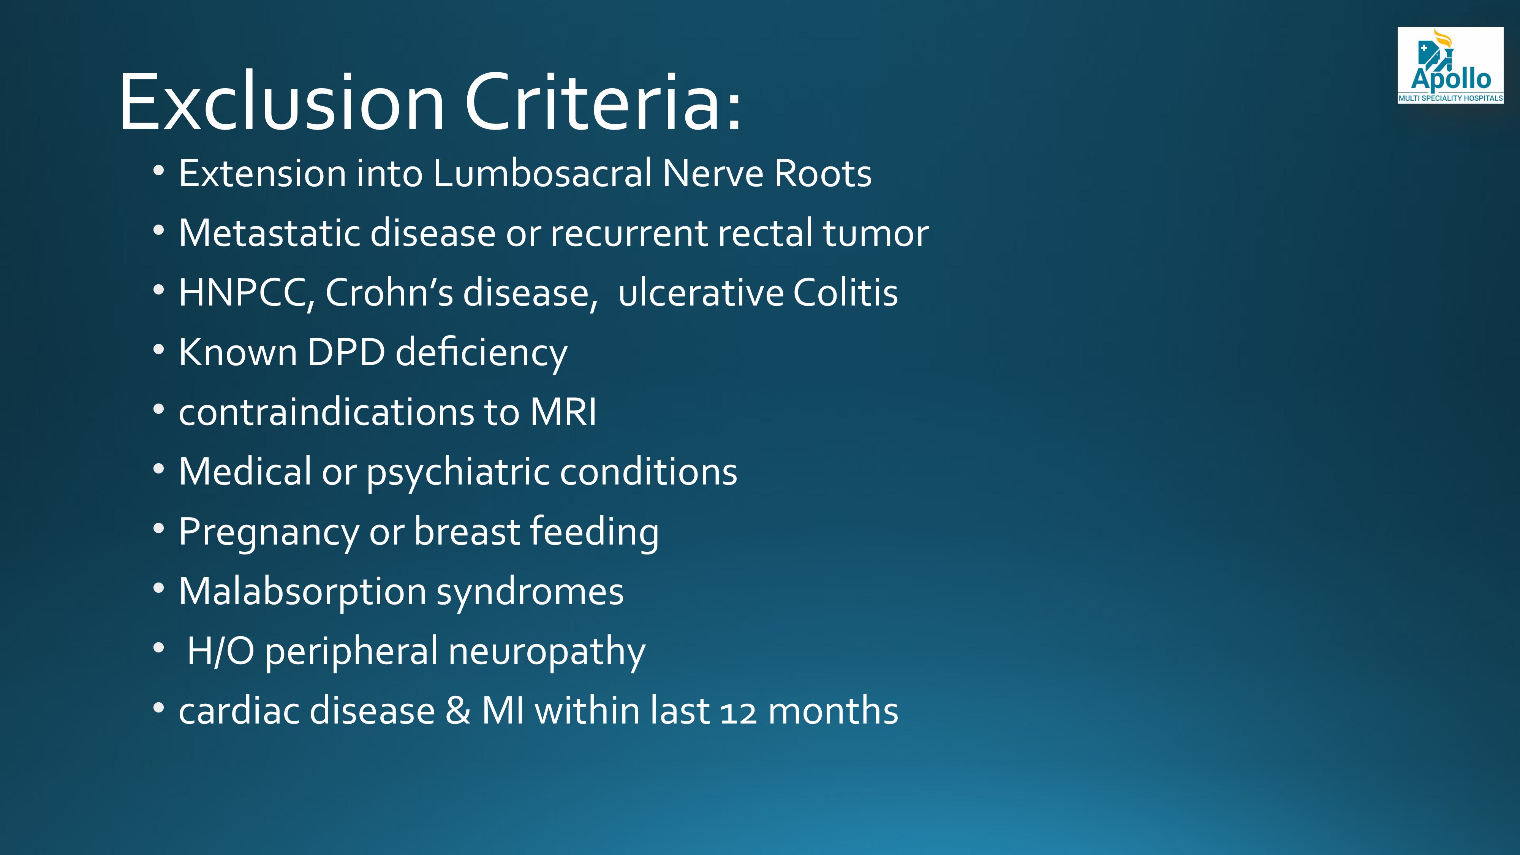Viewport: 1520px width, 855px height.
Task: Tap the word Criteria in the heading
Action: click(x=596, y=101)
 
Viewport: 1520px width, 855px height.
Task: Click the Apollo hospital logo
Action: click(x=1450, y=65)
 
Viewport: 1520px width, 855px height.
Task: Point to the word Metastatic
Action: click(x=269, y=233)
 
